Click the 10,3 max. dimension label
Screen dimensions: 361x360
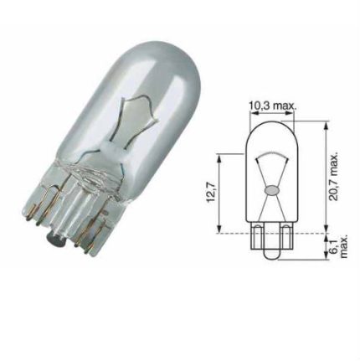coord(274,106)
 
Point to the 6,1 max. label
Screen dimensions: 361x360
coord(337,245)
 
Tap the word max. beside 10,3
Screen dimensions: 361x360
coord(285,106)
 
